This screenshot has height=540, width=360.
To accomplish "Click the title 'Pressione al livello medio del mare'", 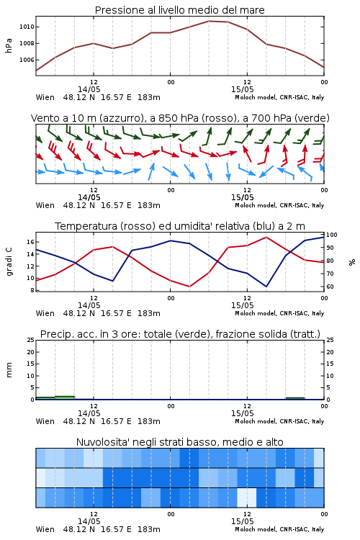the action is coord(179,10).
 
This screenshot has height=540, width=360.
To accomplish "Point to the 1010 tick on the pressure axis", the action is coord(27,27).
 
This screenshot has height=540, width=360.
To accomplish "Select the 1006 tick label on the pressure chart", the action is coord(27,60).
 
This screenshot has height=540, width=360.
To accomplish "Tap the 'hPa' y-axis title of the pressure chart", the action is coord(9,45).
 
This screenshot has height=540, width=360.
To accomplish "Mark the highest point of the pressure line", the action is coord(209,21).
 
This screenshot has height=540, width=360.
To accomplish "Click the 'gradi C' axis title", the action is coord(9,261).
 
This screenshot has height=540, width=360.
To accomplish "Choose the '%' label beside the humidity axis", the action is coord(352,262).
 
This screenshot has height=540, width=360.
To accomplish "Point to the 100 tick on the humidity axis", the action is coord(332,235).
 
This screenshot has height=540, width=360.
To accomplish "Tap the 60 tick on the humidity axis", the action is coord(330,287).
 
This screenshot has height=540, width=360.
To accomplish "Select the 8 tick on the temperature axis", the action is coord(32,290).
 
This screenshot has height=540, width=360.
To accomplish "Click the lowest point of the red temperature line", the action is coord(189,287).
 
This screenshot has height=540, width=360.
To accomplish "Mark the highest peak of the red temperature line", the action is coord(266,237).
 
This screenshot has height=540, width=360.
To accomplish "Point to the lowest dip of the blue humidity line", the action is coord(266,287).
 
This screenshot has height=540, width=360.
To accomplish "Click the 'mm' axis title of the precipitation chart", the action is coord(9,370).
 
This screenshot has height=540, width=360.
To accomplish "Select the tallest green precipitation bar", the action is coord(65,397).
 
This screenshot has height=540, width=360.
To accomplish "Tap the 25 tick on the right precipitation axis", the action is coord(330,340).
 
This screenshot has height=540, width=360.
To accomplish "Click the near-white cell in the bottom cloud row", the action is coord(247,498).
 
